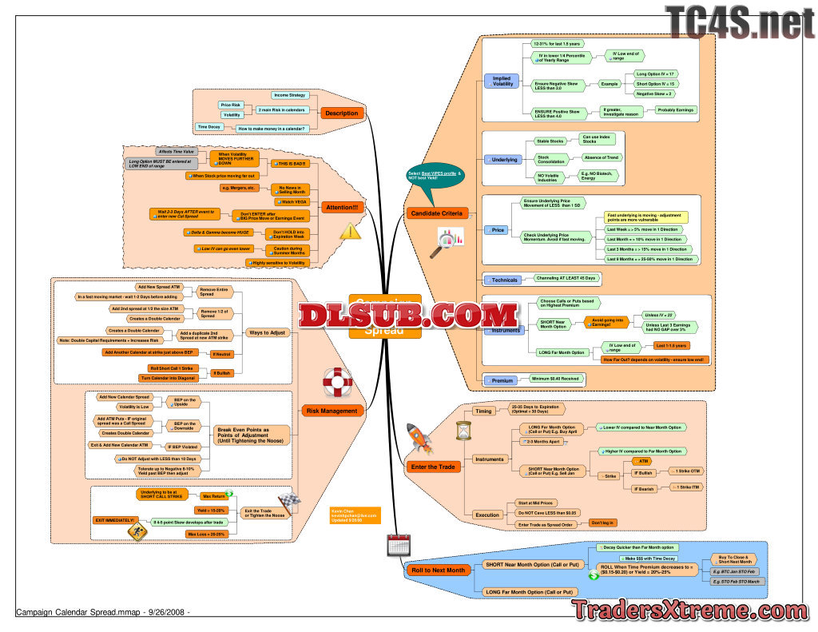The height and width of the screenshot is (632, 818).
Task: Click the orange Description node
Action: point(342,113)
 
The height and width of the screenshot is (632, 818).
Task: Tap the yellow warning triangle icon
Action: point(350,231)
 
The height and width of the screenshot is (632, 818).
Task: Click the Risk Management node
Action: point(332,411)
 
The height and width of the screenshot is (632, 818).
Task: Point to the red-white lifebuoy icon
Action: point(338,382)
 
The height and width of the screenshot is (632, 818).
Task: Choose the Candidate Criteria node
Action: point(436,213)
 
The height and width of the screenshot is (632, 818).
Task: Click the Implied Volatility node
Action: point(502,81)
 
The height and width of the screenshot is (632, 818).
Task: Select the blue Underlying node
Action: point(503,160)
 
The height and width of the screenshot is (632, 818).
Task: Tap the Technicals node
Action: point(505,280)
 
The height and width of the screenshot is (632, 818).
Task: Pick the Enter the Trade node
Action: point(435,467)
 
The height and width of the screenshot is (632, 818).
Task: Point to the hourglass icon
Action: point(464,431)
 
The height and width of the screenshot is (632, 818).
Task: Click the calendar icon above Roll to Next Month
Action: point(397,544)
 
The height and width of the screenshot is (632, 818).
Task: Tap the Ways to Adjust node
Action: point(267,332)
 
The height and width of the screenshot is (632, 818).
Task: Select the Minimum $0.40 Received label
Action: point(555,378)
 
